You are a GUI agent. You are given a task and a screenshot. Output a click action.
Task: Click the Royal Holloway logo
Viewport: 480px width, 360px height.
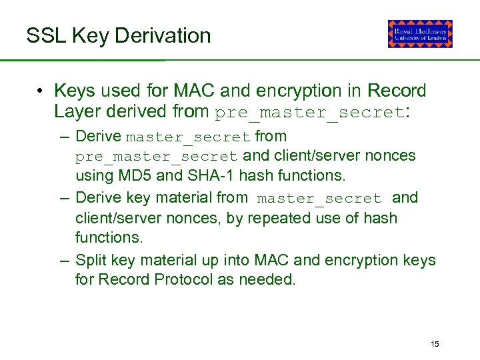pos(420,34)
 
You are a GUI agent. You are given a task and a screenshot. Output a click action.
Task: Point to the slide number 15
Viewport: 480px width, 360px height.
pos(435,344)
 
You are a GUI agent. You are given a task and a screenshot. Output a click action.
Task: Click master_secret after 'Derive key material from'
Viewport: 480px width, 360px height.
pos(319,198)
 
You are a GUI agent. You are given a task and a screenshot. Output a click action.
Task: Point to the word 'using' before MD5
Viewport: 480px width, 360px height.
pos(93,176)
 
